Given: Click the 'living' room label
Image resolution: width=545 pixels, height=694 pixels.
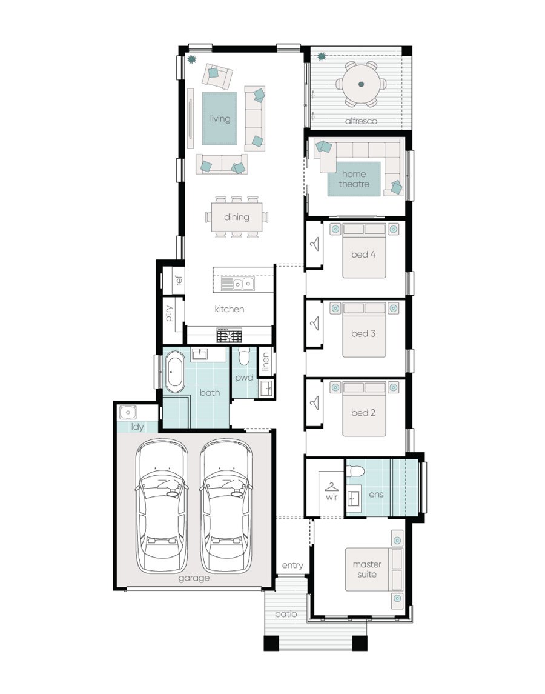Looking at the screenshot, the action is coord(220,119).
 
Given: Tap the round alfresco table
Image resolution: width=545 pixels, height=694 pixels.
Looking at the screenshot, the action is coord(362,84).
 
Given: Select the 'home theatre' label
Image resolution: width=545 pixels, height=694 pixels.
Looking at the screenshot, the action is coord(354,179).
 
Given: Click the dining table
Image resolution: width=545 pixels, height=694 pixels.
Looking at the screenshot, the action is coord(237,217).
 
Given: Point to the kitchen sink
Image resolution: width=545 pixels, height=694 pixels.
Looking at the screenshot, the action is coord(237,284).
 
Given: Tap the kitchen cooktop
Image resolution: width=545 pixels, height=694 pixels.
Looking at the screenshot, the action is coord(229,335).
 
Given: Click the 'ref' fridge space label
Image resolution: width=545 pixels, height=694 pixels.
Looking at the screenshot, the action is coord(178,280).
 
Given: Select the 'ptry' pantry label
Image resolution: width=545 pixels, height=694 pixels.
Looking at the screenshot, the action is coord(168,313).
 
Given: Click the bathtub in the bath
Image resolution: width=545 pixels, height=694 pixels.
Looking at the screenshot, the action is coord(175,372).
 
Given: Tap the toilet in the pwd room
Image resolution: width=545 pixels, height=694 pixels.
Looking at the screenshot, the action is coord(244,355).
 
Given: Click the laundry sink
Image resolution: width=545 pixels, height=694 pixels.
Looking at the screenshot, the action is coord(127,413).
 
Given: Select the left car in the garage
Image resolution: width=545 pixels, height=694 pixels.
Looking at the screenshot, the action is coord(162,506).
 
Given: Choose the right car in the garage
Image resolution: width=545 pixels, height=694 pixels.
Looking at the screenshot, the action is coord(226,506).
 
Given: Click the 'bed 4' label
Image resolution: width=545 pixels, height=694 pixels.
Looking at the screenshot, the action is coord(363,255).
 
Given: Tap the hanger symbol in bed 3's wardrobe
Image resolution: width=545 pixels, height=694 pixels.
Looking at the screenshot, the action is coord(314,323).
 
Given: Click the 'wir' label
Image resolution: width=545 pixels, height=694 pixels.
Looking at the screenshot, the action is coord(332,497).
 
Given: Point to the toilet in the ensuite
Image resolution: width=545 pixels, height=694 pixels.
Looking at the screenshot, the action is coord(355,471).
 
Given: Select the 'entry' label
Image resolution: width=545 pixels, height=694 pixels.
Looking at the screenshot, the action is coord(292,566).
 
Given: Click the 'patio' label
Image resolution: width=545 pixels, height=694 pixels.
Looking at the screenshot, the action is coord(286,615).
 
